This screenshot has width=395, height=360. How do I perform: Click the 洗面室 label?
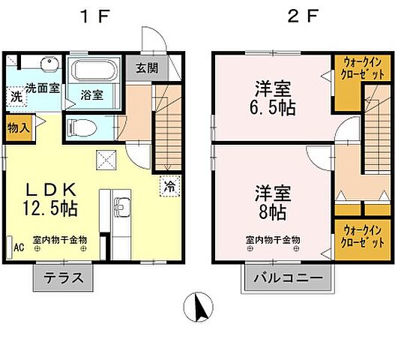tap(43, 88)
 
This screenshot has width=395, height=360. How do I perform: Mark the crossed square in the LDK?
tap(106, 159)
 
